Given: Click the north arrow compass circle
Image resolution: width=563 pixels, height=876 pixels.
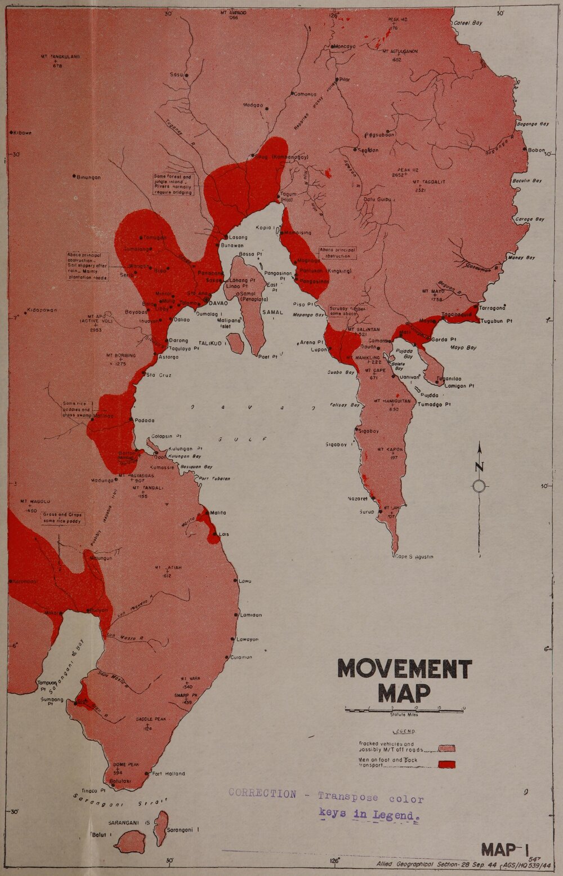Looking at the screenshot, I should [x=480, y=486].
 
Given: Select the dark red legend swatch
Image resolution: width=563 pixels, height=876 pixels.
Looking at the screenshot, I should [x=446, y=764].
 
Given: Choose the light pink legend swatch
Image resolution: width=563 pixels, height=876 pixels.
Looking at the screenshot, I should [x=446, y=748].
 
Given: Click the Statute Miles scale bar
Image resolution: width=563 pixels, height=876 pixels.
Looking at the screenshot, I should [x=404, y=709].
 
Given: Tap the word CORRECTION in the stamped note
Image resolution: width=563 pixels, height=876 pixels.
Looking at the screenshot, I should [x=262, y=794].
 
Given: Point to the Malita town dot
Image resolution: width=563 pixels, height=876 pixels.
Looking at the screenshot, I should [x=207, y=513].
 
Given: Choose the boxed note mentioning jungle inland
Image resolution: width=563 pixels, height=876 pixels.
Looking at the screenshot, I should [x=173, y=184].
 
